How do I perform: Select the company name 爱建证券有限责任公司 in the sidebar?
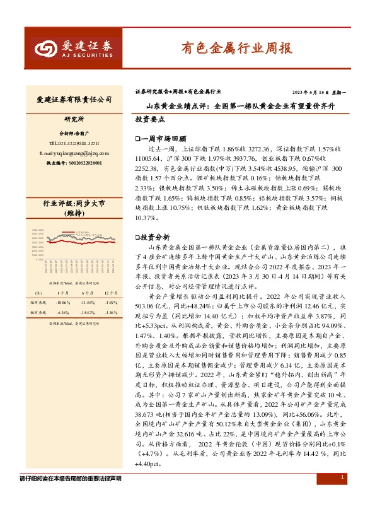click(x=75, y=100)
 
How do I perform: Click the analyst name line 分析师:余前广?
click(x=75, y=134)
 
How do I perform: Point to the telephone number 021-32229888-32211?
click(x=78, y=143)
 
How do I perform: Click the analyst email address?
click(x=73, y=153)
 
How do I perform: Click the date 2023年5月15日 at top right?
click(x=309, y=91)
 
